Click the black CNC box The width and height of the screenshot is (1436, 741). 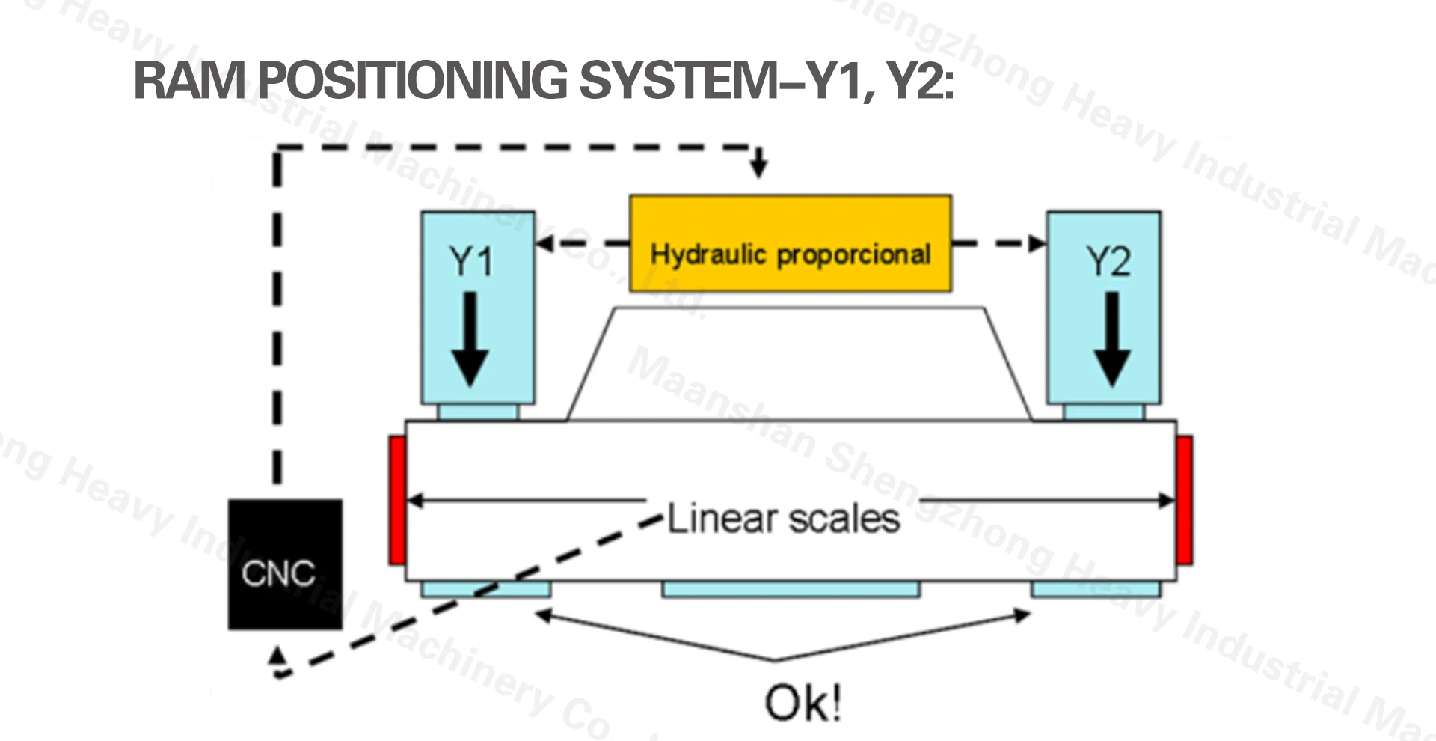point(285,564)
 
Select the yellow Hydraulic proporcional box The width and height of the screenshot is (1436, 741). point(791,243)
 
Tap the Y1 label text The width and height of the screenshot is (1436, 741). point(471,261)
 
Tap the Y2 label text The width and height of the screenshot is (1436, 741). point(1108,261)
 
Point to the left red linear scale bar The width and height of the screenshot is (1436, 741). point(397,500)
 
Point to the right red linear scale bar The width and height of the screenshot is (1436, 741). point(1185,500)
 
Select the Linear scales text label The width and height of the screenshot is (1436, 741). point(783,519)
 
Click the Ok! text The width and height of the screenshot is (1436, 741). point(803,703)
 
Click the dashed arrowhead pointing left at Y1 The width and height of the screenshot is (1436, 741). point(544,243)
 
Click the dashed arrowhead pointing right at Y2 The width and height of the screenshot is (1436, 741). point(1037,243)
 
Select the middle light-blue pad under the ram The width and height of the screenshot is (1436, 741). point(791,589)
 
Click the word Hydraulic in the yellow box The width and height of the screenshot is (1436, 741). point(709,254)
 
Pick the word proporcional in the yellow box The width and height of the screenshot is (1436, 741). point(854,255)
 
